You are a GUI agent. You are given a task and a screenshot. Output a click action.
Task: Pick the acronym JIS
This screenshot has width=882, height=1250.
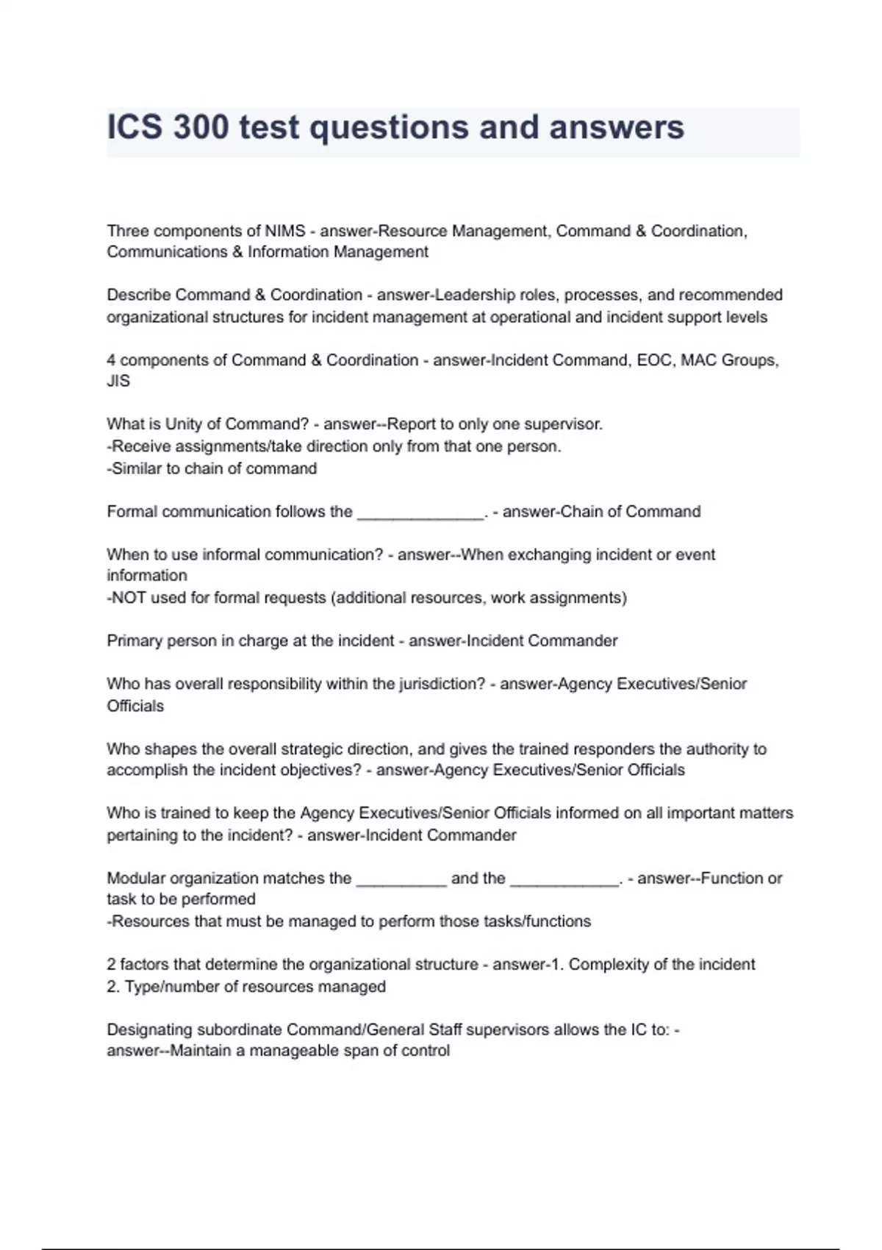pos(118,381)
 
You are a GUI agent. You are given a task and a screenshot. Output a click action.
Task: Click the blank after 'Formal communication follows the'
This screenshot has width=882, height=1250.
pos(420,512)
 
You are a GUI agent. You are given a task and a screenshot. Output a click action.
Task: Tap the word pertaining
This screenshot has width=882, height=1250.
pos(140,835)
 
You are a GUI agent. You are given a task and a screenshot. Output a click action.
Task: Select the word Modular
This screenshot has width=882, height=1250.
pos(136,878)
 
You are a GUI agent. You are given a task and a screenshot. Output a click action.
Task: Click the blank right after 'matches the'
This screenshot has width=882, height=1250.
pos(401,879)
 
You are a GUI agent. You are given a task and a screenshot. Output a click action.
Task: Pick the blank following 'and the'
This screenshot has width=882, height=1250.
pos(564,879)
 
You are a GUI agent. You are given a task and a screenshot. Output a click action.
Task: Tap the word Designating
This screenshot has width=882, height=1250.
pos(147,1029)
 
